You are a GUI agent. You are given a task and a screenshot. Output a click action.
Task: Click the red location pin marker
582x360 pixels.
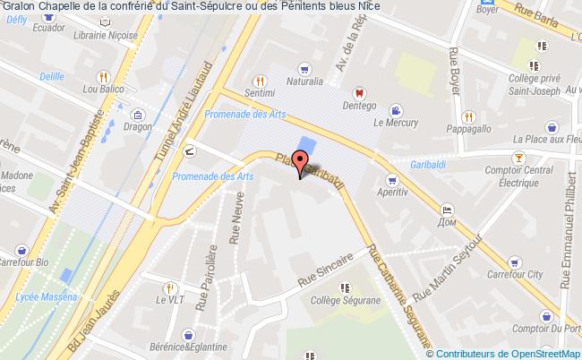pos(300,170)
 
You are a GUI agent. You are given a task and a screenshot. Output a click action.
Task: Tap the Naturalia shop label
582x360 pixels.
pos(304,81)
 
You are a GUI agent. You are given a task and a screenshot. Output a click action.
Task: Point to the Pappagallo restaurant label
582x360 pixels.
pos(469,128)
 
